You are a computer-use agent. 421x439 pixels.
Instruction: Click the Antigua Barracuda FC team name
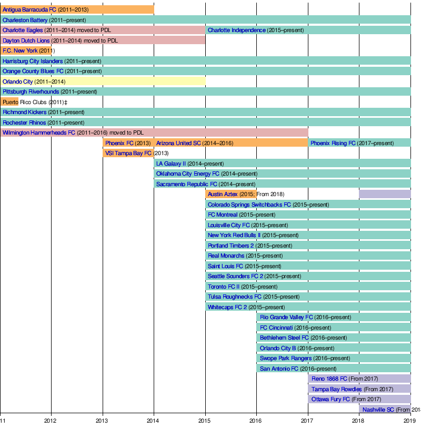[29, 9]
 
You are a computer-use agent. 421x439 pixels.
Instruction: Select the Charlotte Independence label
[236, 30]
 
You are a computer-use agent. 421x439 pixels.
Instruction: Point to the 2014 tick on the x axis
[154, 420]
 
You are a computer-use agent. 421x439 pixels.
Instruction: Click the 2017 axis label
[308, 420]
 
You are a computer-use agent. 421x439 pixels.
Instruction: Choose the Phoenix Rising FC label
[333, 143]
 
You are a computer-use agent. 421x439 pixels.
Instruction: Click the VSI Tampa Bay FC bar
[128, 153]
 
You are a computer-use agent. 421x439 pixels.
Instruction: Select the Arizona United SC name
[178, 143]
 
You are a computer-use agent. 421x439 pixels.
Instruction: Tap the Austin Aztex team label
[223, 194]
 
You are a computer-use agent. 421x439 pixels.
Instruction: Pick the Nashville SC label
[378, 410]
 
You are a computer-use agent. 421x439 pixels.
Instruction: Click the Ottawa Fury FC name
[330, 399]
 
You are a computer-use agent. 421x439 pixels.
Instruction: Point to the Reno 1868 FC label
[329, 379]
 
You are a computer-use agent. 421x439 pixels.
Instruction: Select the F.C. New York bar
[25, 50]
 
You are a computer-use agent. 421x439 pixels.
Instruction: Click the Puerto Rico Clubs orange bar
[9, 102]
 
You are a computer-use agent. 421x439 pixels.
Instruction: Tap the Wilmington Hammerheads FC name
[39, 132]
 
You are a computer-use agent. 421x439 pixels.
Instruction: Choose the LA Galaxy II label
[171, 164]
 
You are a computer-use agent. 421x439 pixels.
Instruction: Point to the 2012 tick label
[51, 420]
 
